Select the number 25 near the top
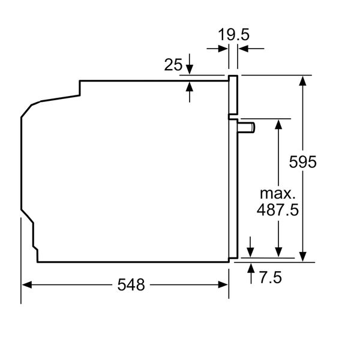pyautogui.click(x=173, y=65)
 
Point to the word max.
pyautogui.click(x=278, y=194)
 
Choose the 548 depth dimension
pyautogui.click(x=131, y=285)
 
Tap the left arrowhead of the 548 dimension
pyautogui.click(x=26, y=285)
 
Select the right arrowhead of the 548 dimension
pyautogui.click(x=224, y=285)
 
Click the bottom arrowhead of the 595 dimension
pyautogui.click(x=305, y=257)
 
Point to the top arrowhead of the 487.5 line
pyautogui.click(x=278, y=124)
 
